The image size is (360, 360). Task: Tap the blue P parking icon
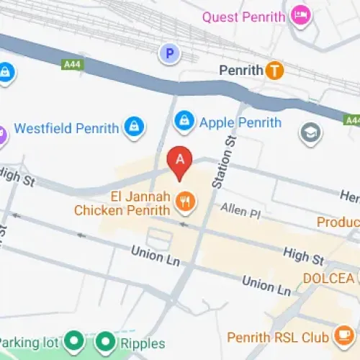[x=169, y=53]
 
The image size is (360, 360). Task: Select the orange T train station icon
[x=274, y=71]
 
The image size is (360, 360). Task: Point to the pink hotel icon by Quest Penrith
[x=300, y=14]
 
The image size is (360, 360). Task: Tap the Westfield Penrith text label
[x=66, y=129]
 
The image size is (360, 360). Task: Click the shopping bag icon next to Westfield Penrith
[x=133, y=127]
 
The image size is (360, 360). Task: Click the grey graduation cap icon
[x=310, y=134]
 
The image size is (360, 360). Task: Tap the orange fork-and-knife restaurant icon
[x=185, y=202]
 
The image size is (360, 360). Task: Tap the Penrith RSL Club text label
[x=277, y=337]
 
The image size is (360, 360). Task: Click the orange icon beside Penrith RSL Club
[x=341, y=336]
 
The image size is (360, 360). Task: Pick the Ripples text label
[x=143, y=343]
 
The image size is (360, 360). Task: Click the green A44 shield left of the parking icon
[x=71, y=65]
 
